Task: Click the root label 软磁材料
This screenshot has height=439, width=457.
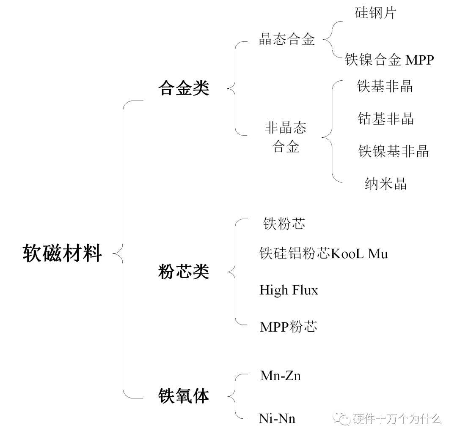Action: (x=62, y=254)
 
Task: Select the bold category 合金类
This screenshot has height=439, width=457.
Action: (x=184, y=89)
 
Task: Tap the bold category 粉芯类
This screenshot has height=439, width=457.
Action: (x=184, y=272)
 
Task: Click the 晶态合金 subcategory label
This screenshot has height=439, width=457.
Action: (x=287, y=40)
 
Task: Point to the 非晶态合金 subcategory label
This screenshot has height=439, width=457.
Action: (x=286, y=137)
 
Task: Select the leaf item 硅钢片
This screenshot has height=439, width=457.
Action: (x=375, y=13)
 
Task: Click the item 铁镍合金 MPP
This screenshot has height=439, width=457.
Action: (x=389, y=60)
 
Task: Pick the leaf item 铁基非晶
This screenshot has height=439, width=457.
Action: (x=385, y=86)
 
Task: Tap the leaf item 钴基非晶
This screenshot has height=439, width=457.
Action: (x=385, y=119)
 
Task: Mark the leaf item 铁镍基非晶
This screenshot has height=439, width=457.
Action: (x=394, y=151)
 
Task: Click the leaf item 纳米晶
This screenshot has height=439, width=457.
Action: (x=385, y=184)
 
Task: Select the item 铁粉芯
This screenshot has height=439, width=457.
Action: (x=284, y=224)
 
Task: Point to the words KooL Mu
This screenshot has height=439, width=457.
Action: (x=359, y=254)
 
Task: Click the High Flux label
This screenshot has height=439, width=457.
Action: (x=289, y=290)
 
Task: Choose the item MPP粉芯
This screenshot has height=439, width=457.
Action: (x=288, y=327)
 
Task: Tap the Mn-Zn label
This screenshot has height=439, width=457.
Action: (x=280, y=376)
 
